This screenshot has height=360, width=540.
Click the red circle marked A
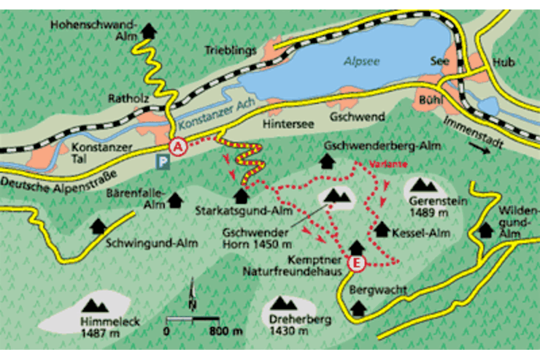pyautogui.click(x=177, y=146)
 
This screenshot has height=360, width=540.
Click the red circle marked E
pyautogui.click(x=356, y=264)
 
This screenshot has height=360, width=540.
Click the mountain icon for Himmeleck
pyautogui.click(x=93, y=306)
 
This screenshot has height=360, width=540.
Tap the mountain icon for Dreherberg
pyautogui.click(x=283, y=302)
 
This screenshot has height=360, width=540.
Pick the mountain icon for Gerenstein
pyautogui.click(x=423, y=185)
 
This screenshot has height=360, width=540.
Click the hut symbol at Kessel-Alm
pyautogui.click(x=381, y=229)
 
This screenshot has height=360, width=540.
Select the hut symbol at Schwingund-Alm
pyautogui.click(x=98, y=226)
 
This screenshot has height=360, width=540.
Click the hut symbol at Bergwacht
pyautogui.click(x=358, y=307)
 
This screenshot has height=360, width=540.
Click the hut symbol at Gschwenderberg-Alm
pyautogui.click(x=326, y=161)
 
